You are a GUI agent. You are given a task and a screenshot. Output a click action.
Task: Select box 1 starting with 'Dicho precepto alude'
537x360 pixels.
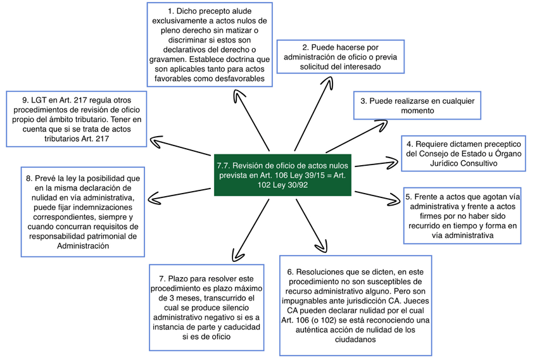coord(209,44)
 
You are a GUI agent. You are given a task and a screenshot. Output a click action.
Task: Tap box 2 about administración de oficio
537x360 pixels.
coord(341,57)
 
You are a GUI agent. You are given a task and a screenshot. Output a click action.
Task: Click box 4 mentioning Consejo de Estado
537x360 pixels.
coord(465,154)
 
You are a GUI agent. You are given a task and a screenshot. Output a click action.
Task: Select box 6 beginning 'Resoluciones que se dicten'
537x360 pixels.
coord(355,304)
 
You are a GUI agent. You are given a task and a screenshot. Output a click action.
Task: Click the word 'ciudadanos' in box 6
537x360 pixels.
coord(355,339)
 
